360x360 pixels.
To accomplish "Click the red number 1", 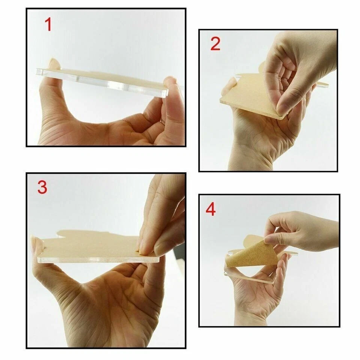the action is pyautogui.click(x=48, y=24).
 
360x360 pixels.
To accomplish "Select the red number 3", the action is pyautogui.click(x=42, y=187).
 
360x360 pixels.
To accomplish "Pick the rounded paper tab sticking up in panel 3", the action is pyautogui.click(x=67, y=234).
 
